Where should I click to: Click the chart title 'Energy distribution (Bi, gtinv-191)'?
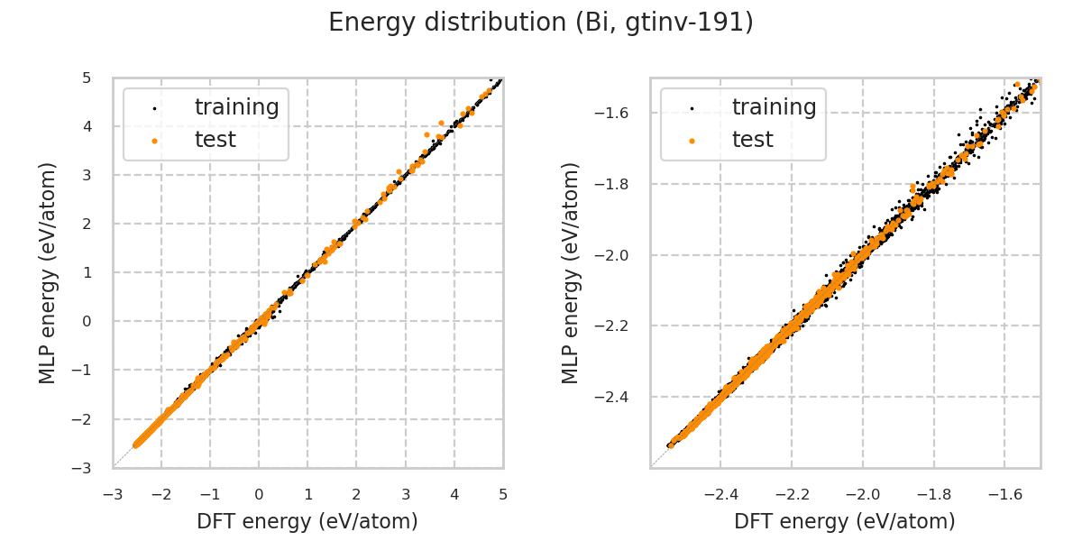tap(541, 23)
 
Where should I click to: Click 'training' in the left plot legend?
tap(236, 107)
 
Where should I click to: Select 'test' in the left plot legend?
tap(215, 140)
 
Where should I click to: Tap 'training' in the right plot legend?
tap(774, 107)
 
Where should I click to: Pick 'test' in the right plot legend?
tap(752, 140)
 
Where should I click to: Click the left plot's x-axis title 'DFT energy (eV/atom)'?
tap(307, 521)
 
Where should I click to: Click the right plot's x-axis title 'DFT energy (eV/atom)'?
tap(845, 521)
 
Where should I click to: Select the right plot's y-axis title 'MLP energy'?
tap(571, 272)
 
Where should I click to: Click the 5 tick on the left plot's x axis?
tap(503, 494)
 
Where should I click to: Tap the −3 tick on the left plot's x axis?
tap(112, 494)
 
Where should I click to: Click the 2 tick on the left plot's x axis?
tap(356, 494)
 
